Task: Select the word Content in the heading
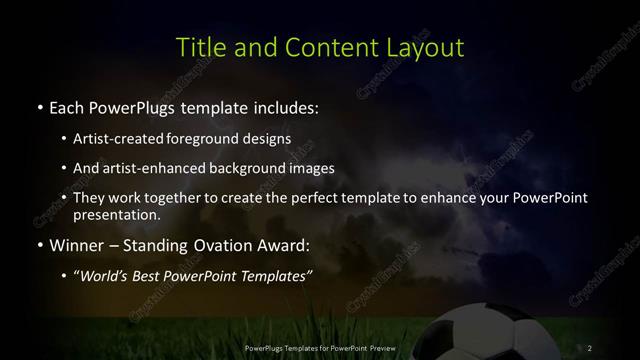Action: point(323,47)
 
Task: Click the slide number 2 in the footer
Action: point(590,347)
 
